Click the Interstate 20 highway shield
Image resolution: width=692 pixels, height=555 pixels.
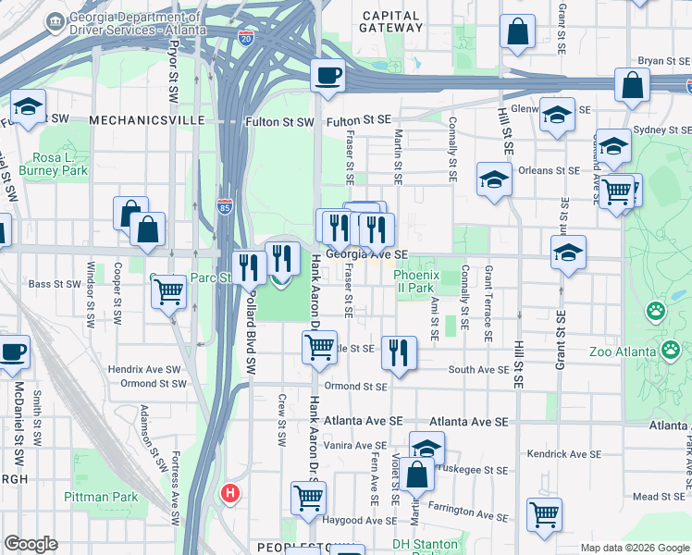pyautogui.click(x=245, y=38)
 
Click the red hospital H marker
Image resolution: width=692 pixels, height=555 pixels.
pyautogui.click(x=230, y=494)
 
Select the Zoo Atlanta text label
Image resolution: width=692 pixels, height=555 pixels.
pyautogui.click(x=626, y=351)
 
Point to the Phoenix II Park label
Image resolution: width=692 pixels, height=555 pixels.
pyautogui.click(x=414, y=281)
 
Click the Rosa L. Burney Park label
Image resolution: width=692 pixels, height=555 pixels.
pyautogui.click(x=60, y=164)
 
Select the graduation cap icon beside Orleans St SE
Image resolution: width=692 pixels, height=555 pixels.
pyautogui.click(x=494, y=179)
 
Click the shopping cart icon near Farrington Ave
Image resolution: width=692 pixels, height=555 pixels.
pyautogui.click(x=545, y=512)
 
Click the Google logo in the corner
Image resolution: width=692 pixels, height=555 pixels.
pyautogui.click(x=31, y=544)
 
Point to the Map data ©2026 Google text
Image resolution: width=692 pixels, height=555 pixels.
pyautogui.click(x=634, y=548)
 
